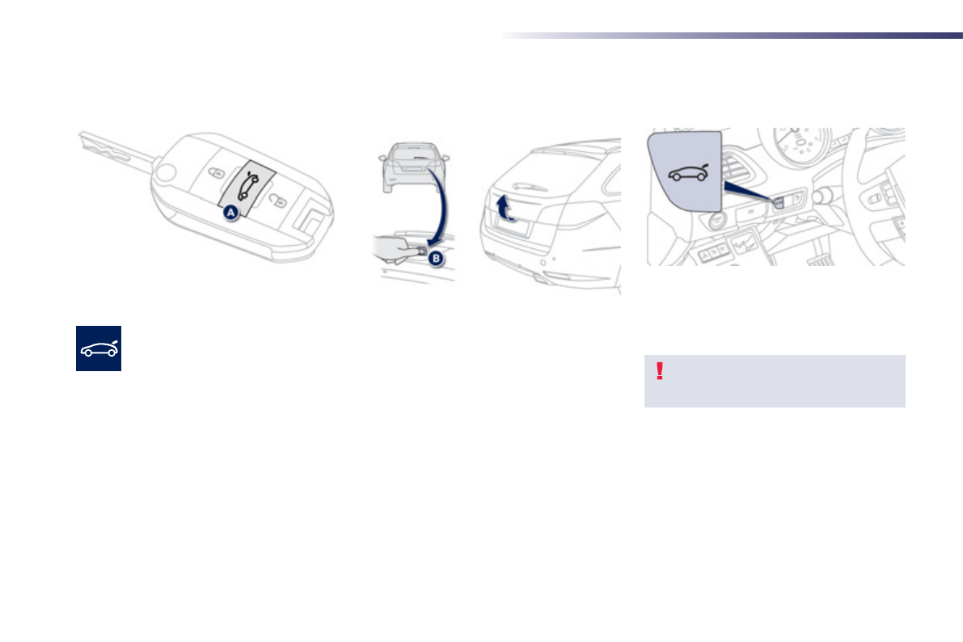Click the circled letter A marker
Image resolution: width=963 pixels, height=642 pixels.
click(230, 212)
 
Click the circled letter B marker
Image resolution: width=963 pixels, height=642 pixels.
click(435, 259)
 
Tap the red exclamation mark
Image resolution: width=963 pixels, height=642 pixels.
click(660, 371)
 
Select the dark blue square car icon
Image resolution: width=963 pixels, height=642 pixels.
click(99, 348)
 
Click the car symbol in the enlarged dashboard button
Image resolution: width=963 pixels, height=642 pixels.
click(685, 174)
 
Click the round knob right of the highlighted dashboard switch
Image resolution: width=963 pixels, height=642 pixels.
click(824, 196)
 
